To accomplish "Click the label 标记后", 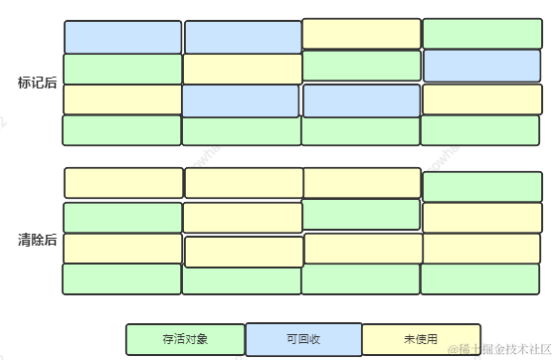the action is (x=37, y=83).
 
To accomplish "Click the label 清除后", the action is (x=37, y=240).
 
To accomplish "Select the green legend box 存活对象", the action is (x=185, y=339).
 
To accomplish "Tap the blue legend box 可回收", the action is (x=303, y=339).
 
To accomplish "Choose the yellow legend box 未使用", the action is (x=421, y=339).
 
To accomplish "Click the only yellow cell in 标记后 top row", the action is (x=362, y=34).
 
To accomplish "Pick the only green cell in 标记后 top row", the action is (x=482, y=34).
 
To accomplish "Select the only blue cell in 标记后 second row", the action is (x=482, y=66).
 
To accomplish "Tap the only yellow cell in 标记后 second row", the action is (x=243, y=69).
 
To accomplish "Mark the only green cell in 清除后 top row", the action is (x=482, y=186).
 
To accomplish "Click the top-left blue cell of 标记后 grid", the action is (x=123, y=37).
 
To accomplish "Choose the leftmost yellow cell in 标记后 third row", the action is (x=122, y=99).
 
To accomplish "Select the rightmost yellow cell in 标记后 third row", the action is (x=482, y=99).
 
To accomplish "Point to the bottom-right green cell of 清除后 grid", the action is (x=482, y=278).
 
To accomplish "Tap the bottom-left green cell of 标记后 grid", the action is (x=122, y=130).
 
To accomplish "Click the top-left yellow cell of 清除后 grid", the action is (x=124, y=183).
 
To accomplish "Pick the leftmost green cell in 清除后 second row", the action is (x=122, y=218).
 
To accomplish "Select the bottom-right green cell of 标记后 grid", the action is (x=482, y=130).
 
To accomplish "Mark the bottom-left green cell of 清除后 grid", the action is (x=122, y=278).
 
